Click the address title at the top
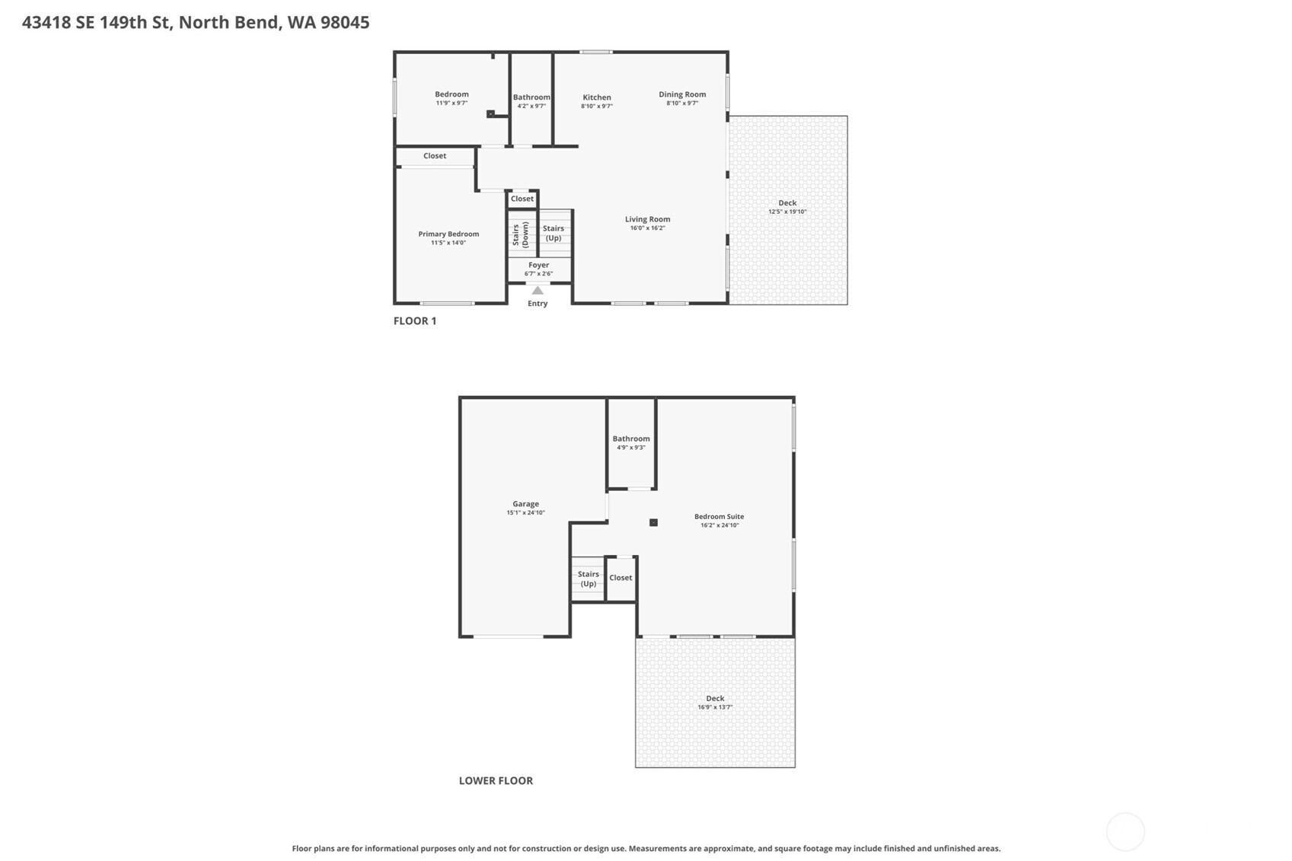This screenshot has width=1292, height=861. click(x=196, y=23)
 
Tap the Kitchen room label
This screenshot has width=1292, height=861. click(x=596, y=97)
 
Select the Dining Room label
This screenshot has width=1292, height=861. click(x=682, y=94)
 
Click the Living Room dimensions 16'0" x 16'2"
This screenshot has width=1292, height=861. click(x=648, y=228)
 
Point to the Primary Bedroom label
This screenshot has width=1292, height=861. click(x=448, y=234)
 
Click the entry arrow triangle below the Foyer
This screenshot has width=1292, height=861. click(x=538, y=291)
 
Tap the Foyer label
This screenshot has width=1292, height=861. click(x=539, y=265)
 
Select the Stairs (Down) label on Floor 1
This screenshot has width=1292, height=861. click(x=520, y=234)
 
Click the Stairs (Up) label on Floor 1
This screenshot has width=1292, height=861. click(x=553, y=233)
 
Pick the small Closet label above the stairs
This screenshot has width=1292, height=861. click(x=522, y=199)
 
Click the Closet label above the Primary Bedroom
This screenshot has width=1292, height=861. click(x=435, y=156)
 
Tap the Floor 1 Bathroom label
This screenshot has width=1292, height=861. click(x=531, y=97)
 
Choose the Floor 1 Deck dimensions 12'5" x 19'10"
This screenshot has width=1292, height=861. click(x=787, y=212)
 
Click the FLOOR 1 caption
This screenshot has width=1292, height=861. click(x=415, y=321)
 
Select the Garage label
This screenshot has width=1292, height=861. click(x=525, y=503)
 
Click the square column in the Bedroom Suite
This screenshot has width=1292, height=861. click(x=653, y=522)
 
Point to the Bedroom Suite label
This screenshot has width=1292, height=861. click(x=719, y=516)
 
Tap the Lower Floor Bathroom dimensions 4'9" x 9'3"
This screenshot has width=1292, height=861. click(x=631, y=448)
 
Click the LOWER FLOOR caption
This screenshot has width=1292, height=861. click(x=496, y=781)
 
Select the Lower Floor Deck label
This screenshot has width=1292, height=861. click(x=715, y=698)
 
